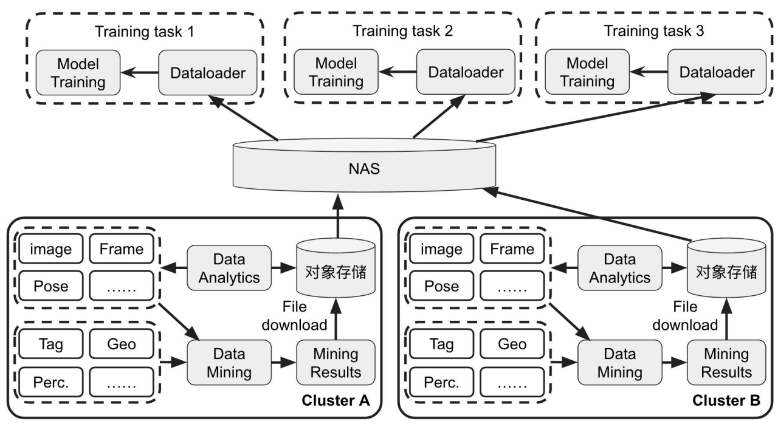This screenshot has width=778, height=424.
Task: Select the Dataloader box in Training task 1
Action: [x=209, y=73]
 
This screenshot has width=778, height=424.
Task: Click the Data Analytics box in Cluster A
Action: [x=229, y=268]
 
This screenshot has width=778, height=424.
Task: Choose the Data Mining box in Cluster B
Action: [x=619, y=363]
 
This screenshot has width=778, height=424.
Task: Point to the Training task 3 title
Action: [x=654, y=31]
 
